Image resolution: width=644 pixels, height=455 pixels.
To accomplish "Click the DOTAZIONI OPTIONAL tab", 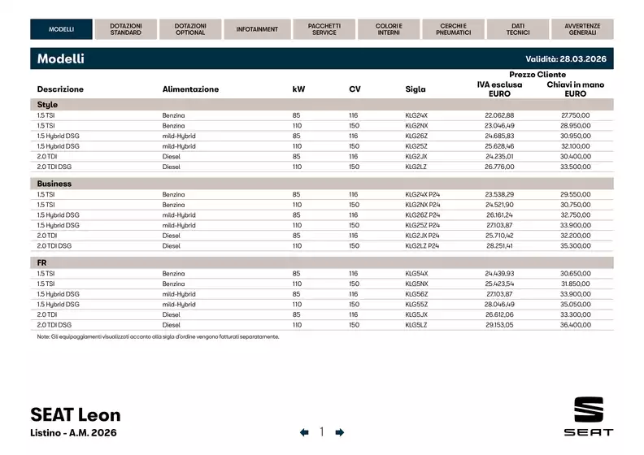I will [x=190, y=29].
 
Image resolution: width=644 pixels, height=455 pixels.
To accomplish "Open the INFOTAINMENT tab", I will [x=257, y=29].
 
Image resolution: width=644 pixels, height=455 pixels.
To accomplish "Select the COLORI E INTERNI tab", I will [x=389, y=29].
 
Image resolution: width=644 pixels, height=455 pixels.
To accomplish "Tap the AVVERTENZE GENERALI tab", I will [x=583, y=29].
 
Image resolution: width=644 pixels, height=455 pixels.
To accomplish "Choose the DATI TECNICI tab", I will [x=518, y=29].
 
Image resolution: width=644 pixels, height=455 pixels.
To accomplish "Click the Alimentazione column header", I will [x=190, y=89].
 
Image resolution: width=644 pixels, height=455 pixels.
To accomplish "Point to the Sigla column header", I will [x=415, y=89].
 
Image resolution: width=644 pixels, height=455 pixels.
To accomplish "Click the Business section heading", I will [x=54, y=184].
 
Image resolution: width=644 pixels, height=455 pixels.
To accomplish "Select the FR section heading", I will [x=42, y=263].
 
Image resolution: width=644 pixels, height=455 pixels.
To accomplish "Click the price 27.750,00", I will [x=575, y=115].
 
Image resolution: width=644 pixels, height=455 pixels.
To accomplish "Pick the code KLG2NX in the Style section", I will [x=416, y=125].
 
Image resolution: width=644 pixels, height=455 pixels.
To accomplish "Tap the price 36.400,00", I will [x=575, y=324].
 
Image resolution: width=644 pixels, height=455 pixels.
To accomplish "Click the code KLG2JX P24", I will [x=422, y=234].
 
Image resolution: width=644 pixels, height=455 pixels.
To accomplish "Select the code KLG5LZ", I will [x=416, y=324].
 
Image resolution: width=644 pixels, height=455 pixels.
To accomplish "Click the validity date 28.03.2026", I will [x=582, y=59].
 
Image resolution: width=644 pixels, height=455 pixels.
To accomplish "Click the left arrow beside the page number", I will [x=304, y=432].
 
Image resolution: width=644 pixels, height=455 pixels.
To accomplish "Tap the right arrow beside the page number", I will [x=340, y=432].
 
